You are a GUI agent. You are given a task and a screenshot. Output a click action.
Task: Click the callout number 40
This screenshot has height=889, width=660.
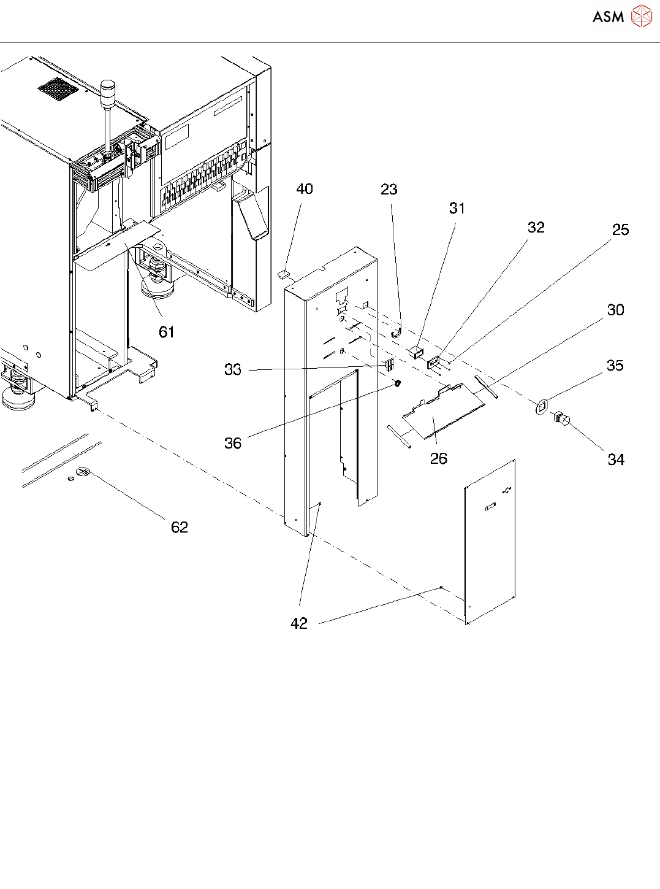(305, 189)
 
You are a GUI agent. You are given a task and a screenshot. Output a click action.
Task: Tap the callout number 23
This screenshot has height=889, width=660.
(389, 189)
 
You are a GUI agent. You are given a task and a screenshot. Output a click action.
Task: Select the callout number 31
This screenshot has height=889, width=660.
(457, 208)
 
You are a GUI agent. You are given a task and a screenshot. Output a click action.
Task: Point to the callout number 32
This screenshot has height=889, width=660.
(536, 227)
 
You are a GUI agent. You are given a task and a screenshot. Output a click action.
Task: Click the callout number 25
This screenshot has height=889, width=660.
(620, 229)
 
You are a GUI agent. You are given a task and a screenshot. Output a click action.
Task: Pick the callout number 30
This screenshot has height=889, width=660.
(615, 310)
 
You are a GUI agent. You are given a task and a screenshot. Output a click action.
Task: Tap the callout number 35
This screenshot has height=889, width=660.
(615, 365)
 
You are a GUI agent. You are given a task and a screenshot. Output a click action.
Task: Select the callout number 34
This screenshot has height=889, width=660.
(616, 460)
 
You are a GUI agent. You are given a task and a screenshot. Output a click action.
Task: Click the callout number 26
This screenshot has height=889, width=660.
(439, 458)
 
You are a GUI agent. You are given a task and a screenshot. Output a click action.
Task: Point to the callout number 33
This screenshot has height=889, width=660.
(233, 369)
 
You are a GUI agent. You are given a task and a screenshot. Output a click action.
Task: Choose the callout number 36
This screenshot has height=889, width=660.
(233, 444)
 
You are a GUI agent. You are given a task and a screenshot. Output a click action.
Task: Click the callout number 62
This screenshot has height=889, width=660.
(180, 527)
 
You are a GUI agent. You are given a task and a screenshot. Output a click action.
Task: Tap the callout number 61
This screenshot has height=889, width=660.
(167, 332)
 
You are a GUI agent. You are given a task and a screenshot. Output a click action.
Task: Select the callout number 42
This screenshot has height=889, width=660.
(299, 623)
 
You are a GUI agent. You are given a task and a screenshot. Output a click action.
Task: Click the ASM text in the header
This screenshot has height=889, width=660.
(608, 17)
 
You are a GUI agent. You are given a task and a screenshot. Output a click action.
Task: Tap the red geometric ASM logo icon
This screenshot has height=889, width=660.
(641, 16)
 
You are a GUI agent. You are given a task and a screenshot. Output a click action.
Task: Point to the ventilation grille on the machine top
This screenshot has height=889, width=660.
(58, 89)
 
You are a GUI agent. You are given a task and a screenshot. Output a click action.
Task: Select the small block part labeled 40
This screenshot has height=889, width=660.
(284, 275)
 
